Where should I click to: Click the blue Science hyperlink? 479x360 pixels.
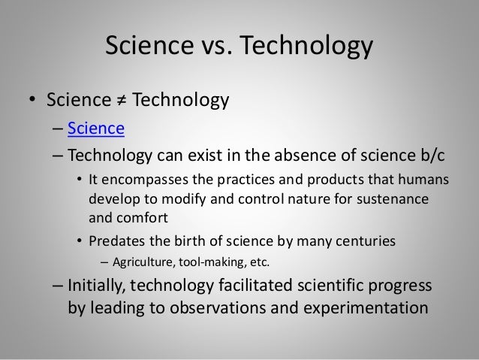click(95, 130)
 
